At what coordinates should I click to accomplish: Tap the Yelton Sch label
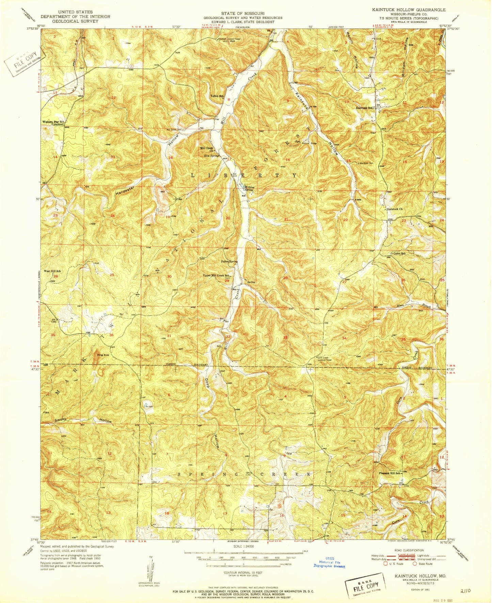[x=217, y=96]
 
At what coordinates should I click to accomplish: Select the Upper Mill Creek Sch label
[x=217, y=275]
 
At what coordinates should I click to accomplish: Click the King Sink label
[x=103, y=355]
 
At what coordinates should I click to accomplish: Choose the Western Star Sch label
[x=53, y=122]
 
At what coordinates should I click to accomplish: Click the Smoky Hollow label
[x=83, y=420]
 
